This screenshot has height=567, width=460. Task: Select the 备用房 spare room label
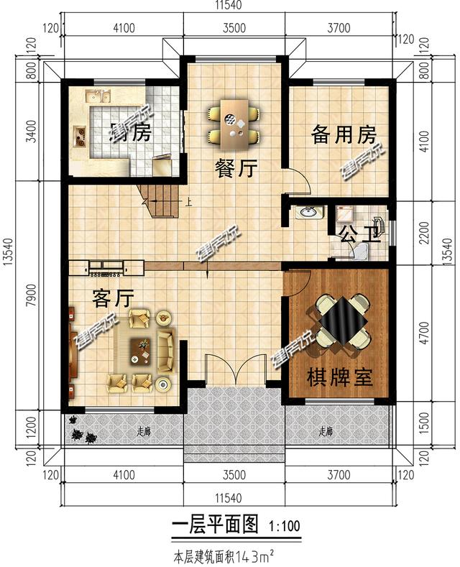[344, 134]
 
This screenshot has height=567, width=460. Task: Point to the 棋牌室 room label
[340, 377]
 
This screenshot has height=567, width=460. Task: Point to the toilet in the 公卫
[358, 249]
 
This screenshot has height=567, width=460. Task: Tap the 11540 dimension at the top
[229, 5]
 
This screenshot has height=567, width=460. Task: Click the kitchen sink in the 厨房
[96, 96]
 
